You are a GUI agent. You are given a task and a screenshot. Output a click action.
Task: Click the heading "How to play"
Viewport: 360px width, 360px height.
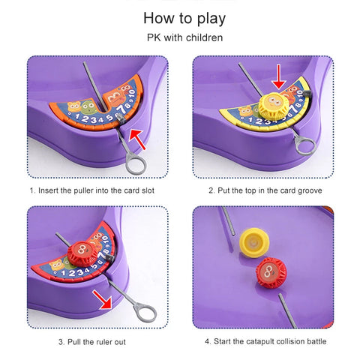[184, 19]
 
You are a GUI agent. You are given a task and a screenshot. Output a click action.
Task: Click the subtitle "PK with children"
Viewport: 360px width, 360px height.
[184, 37]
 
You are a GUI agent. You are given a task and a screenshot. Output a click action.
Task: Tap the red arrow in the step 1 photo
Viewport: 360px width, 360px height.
[136, 139]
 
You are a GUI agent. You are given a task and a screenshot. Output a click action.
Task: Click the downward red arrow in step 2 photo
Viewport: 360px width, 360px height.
[279, 76]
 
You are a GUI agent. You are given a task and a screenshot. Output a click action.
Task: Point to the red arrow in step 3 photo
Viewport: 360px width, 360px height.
[102, 299]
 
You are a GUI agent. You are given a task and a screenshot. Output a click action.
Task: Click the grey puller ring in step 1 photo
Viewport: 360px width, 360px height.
[136, 163]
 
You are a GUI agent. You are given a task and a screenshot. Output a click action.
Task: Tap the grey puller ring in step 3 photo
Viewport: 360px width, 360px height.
[145, 312]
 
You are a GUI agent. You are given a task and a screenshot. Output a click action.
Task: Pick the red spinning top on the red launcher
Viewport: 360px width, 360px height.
[82, 253]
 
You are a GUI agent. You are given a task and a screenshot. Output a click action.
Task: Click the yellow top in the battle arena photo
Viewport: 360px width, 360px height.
[254, 242]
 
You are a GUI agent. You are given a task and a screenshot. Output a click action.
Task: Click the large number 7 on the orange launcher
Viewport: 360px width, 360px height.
[121, 109]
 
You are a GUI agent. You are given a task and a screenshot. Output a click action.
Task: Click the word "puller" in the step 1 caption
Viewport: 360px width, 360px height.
[83, 190]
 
